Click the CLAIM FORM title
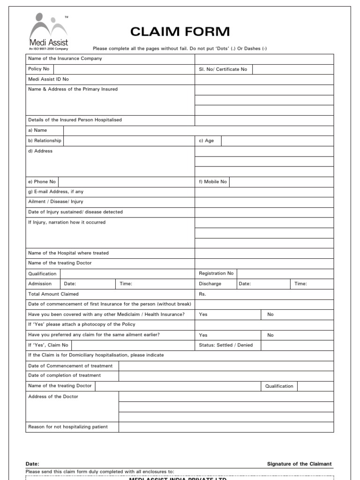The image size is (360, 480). click(180, 32)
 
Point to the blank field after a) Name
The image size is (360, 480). click(199, 130)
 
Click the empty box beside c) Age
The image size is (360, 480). click(277, 141)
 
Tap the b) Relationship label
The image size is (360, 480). click(45, 141)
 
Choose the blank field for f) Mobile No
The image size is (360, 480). click(281, 181)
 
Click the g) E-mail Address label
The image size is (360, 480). click(56, 192)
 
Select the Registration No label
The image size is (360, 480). click(216, 273)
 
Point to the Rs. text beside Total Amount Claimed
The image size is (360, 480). click(202, 294)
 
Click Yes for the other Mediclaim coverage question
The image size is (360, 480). click(203, 315)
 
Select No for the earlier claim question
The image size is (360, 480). click(270, 335)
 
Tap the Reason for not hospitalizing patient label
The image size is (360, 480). click(68, 427)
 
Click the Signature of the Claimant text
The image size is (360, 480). click(299, 464)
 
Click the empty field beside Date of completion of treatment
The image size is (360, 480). click(226, 375)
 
